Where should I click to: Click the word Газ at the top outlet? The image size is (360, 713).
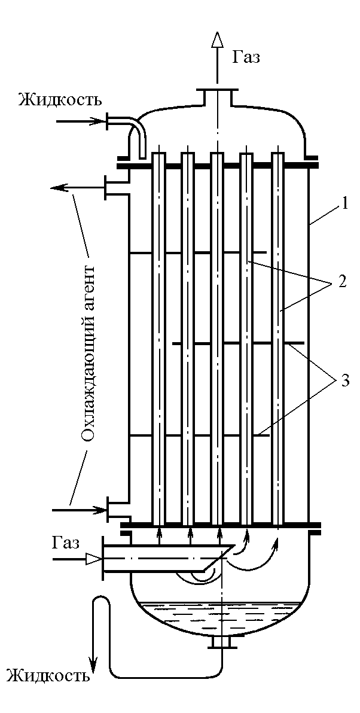246,57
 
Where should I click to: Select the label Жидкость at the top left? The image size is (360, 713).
60,99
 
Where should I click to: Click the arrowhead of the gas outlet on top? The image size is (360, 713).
218,41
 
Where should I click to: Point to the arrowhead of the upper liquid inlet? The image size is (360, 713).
99,122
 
